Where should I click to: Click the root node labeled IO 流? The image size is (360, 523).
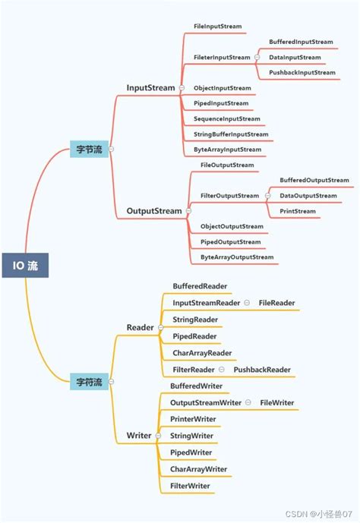24,266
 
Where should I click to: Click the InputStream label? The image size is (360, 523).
150,88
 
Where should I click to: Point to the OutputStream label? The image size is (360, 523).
153,211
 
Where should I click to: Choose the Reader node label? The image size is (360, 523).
140,328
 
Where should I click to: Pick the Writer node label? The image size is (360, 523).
139,436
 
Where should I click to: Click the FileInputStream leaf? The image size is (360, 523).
218,27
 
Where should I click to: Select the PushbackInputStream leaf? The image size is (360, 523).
302,73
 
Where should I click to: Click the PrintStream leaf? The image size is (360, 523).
298,211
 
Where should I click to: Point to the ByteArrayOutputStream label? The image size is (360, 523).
236,257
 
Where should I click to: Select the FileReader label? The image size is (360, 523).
276,303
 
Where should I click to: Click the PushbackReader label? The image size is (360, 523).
262,370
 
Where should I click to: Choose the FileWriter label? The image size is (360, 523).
276,402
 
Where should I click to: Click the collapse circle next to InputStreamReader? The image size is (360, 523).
247,303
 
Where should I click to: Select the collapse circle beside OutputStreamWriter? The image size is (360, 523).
248,402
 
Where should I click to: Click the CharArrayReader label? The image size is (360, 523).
202,353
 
